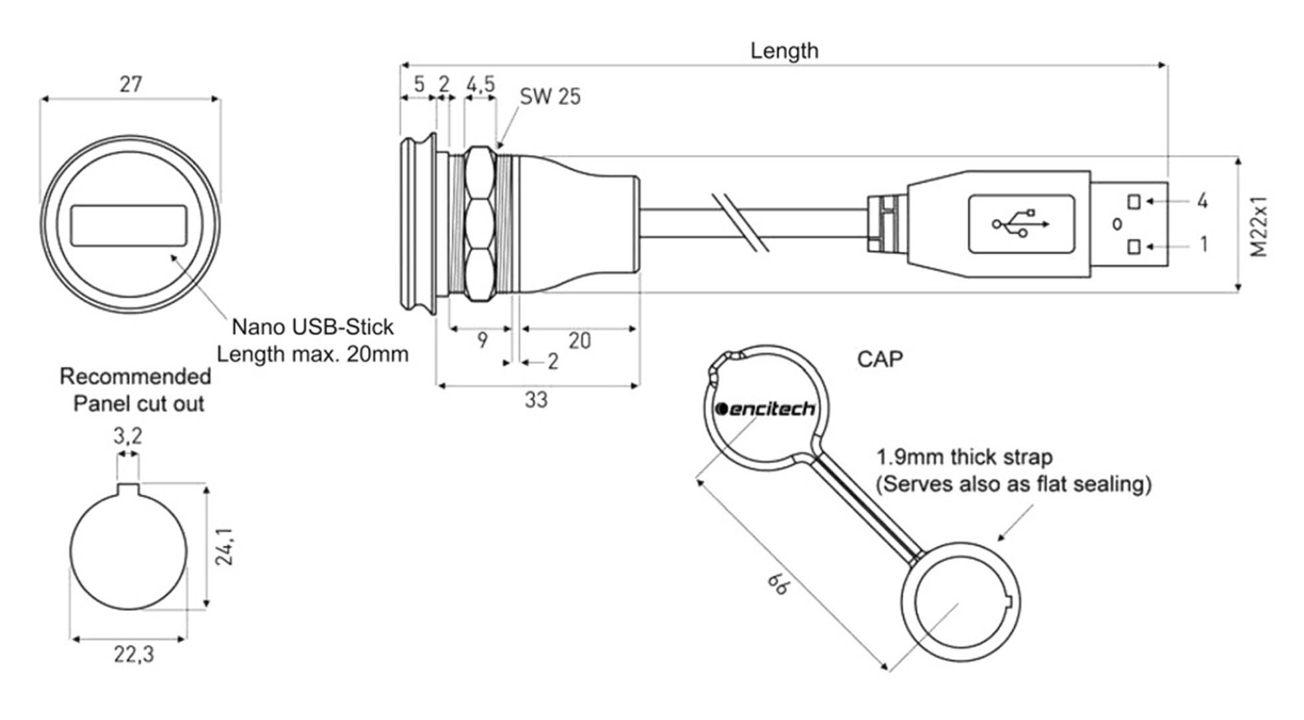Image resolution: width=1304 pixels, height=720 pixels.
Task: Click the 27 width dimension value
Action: click(x=131, y=85)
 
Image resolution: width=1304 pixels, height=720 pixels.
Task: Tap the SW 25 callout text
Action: click(x=550, y=97)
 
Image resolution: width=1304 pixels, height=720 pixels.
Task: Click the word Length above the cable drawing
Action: click(x=784, y=51)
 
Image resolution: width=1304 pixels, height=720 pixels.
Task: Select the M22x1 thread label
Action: click(x=1259, y=226)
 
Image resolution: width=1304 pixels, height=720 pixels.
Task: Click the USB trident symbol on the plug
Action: click(x=1021, y=224)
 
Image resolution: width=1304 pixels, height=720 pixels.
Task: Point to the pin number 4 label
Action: click(x=1202, y=201)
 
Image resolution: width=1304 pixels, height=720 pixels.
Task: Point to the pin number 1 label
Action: click(x=1203, y=245)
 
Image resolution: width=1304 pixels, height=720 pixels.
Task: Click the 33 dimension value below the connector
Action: click(x=536, y=401)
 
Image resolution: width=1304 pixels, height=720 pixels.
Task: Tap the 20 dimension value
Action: click(x=579, y=341)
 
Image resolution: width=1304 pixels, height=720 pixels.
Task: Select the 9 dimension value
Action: click(x=482, y=341)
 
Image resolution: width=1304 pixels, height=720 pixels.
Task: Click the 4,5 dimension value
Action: click(x=480, y=85)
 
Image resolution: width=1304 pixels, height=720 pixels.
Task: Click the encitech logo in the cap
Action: click(x=764, y=409)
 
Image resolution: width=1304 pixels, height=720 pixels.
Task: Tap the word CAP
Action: click(x=880, y=360)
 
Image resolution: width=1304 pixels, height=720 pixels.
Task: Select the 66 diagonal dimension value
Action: click(x=778, y=584)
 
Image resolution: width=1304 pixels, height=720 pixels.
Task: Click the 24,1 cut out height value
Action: click(x=224, y=546)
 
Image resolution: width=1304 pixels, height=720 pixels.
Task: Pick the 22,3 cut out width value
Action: click(x=133, y=655)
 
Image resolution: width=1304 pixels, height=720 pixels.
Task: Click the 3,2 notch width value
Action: click(x=127, y=437)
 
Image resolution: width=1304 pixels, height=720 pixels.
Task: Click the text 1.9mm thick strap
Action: click(x=964, y=458)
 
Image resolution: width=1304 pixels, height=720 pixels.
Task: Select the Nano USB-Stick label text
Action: click(x=312, y=327)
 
